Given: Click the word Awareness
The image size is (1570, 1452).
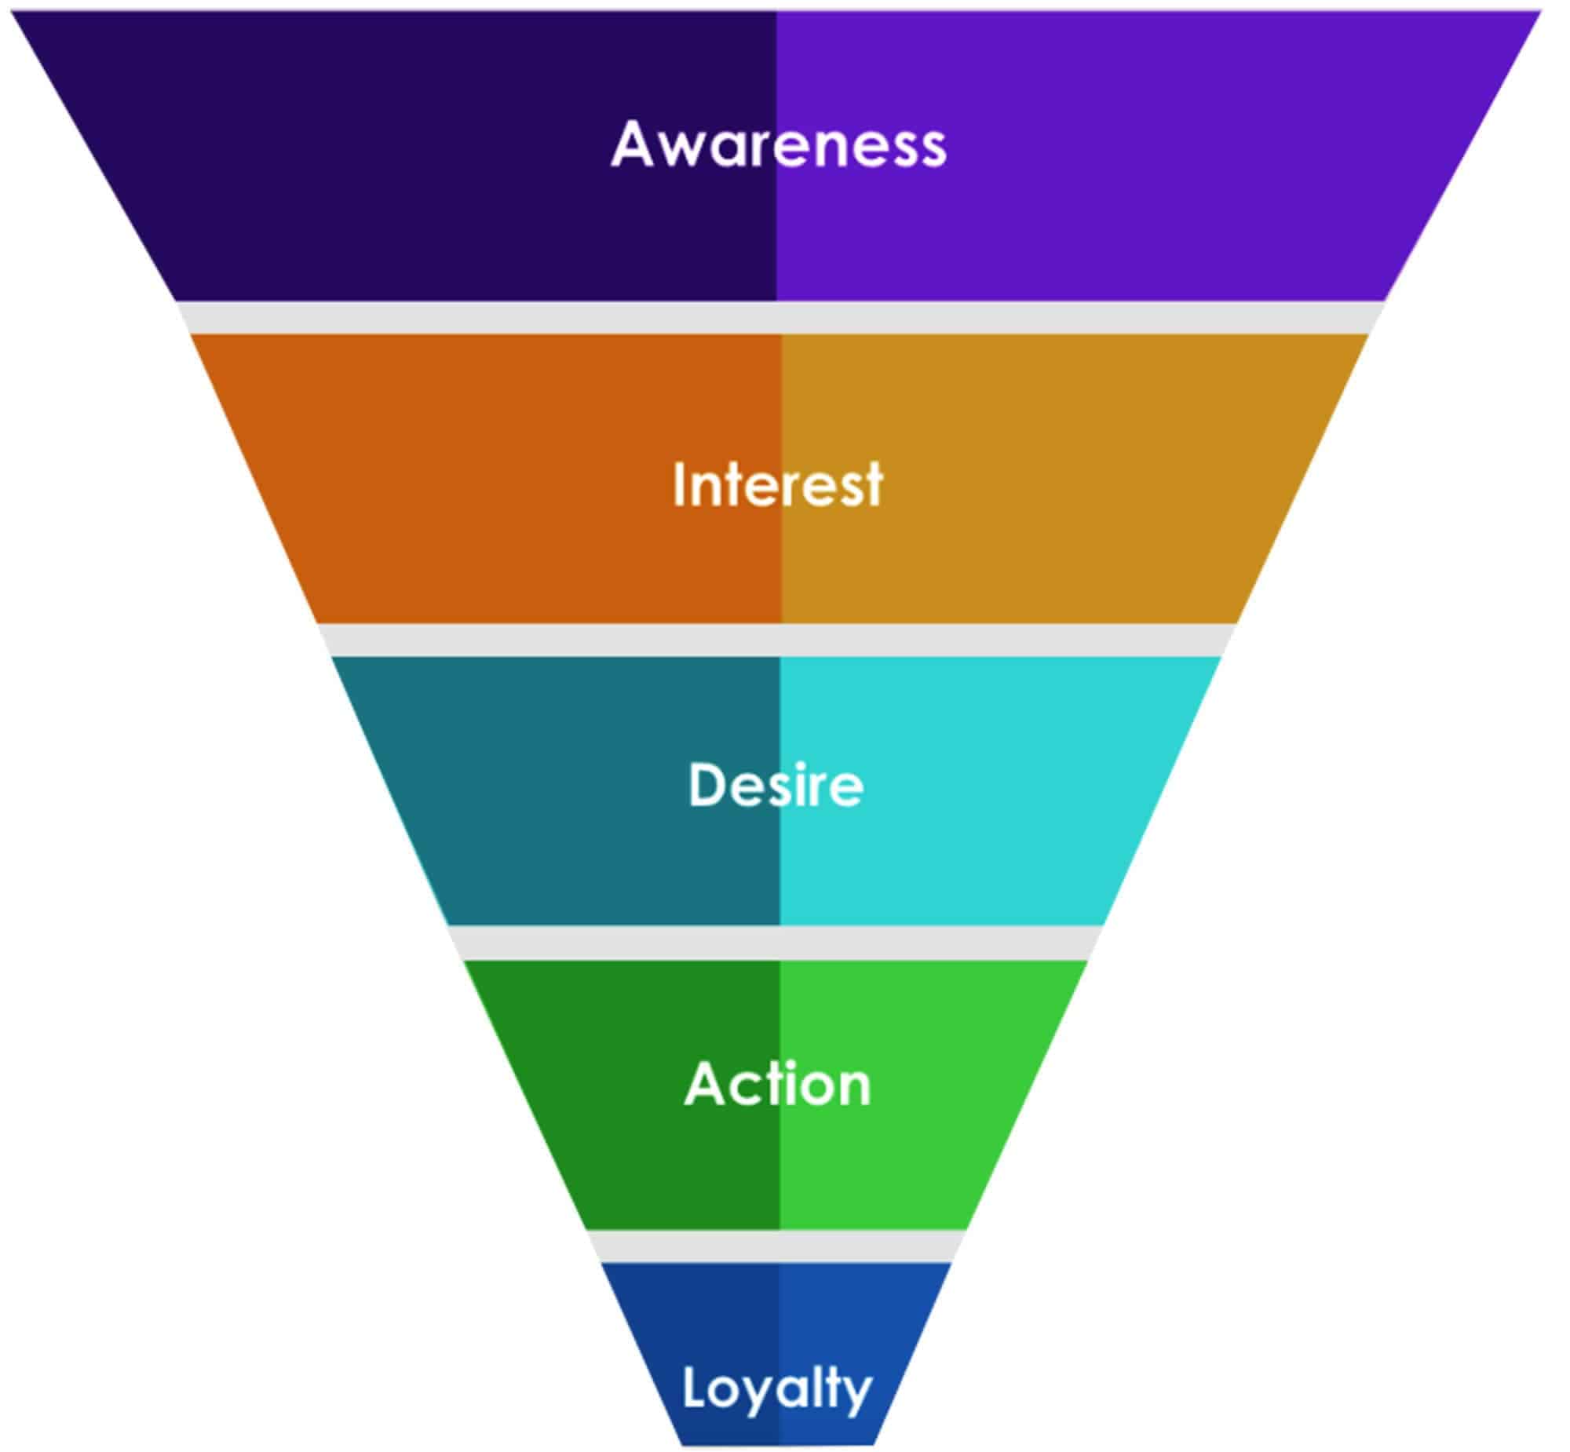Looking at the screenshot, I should [778, 145].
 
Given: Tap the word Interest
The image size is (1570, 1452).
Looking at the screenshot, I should [778, 485].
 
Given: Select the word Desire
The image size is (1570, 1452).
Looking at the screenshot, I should [776, 785].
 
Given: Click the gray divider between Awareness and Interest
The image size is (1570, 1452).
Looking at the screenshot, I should [778, 317].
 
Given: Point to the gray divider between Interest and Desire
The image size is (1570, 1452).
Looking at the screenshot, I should [778, 640].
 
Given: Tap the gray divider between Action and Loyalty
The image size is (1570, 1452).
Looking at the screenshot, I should [778, 1246].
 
